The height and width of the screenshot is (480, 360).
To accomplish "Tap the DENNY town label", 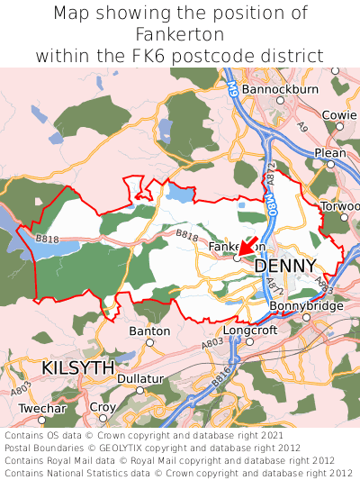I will pyautogui.click(x=285, y=266).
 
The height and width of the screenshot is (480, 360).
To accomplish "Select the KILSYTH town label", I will pyautogui.click(x=78, y=368).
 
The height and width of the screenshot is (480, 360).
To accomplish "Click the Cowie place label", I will pyautogui.click(x=339, y=115).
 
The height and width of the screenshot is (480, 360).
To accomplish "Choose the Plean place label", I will pyautogui.click(x=330, y=153).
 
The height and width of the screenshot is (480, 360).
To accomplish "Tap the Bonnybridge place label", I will pyautogui.click(x=306, y=306).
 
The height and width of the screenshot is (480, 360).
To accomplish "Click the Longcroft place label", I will pyautogui.click(x=250, y=330).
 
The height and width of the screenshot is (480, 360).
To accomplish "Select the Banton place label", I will pyautogui.click(x=149, y=331).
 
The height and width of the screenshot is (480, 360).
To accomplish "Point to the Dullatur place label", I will pyautogui.click(x=141, y=379).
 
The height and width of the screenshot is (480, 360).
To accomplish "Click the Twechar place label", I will pyautogui.click(x=42, y=408).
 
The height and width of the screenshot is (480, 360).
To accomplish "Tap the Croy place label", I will pyautogui.click(x=103, y=407).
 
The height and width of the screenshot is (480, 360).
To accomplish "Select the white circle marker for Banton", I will pyautogui.click(x=150, y=342).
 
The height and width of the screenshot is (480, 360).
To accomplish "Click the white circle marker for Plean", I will pyautogui.click(x=330, y=165).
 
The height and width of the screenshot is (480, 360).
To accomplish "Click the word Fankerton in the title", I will pyautogui.click(x=180, y=34).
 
